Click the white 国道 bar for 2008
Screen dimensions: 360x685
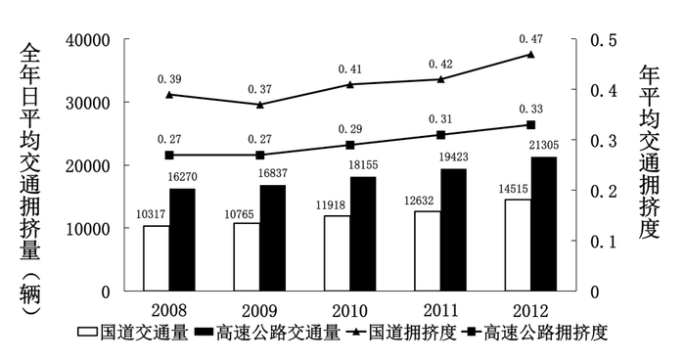(x=156, y=258)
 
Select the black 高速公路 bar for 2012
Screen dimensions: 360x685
(x=544, y=224)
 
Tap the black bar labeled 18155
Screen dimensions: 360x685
(x=363, y=234)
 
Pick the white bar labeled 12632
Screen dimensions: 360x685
(x=428, y=250)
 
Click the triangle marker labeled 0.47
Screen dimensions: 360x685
(x=531, y=54)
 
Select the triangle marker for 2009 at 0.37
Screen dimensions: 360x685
(x=260, y=104)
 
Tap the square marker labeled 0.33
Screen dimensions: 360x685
(x=531, y=125)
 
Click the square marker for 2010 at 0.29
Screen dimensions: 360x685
(x=350, y=145)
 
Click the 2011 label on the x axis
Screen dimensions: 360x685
(x=440, y=306)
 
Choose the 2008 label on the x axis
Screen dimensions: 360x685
(x=169, y=306)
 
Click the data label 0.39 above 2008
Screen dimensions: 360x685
(x=169, y=77)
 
